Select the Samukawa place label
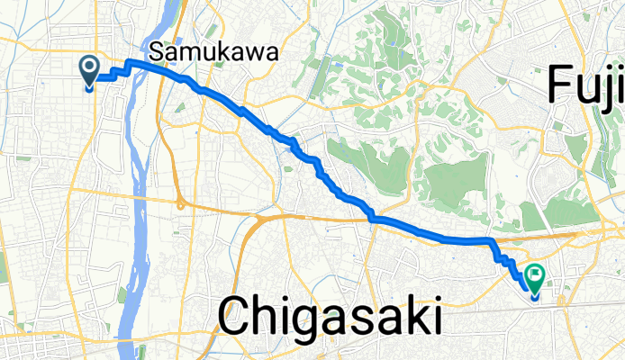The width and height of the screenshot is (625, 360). tap(213, 52)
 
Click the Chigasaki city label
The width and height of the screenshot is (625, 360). tap(331, 317)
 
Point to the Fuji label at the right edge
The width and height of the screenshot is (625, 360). tap(586, 87)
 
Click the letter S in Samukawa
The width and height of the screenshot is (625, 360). tap(159, 52)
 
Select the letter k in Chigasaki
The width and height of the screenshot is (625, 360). tap(402, 316)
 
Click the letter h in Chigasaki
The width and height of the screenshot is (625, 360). tap(267, 316)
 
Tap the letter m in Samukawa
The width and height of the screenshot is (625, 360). tap(193, 54)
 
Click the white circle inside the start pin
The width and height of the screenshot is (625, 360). tap(90, 65)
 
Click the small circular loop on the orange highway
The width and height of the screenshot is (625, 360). tap(181, 204)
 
